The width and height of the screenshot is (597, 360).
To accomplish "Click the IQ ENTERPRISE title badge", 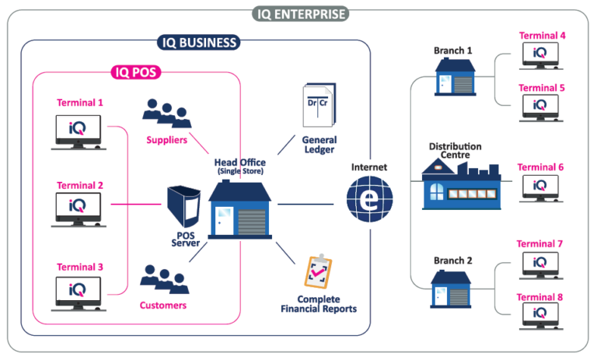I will tap(300, 13).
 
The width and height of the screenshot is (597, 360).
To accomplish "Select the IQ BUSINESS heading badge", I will tap(198, 42).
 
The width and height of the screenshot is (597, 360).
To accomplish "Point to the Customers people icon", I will tap(164, 278).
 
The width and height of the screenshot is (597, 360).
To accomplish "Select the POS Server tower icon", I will tap(187, 209).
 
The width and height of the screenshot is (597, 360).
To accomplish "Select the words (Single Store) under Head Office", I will tap(240, 171).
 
